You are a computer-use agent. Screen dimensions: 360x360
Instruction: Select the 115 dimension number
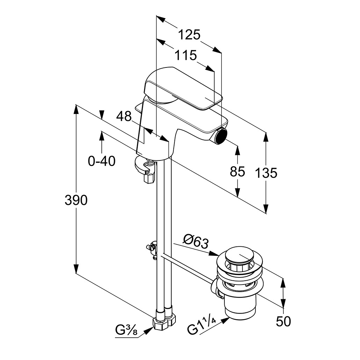pyautogui.click(x=186, y=55)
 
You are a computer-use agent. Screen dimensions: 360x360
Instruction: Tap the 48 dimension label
pyautogui.click(x=124, y=116)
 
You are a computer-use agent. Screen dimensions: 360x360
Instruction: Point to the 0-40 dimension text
pyautogui.click(x=102, y=161)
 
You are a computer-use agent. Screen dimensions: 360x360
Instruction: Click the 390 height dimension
pyautogui.click(x=76, y=200)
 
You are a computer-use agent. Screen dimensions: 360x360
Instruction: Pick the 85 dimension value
pyautogui.click(x=237, y=172)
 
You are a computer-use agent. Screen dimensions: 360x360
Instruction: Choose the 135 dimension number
pyautogui.click(x=266, y=173)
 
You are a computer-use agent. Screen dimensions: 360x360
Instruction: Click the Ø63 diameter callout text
pyautogui.click(x=196, y=241)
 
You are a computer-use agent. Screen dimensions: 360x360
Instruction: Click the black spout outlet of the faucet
pyautogui.click(x=221, y=136)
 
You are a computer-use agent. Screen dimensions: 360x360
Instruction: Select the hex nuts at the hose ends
pyautogui.click(x=164, y=321)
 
